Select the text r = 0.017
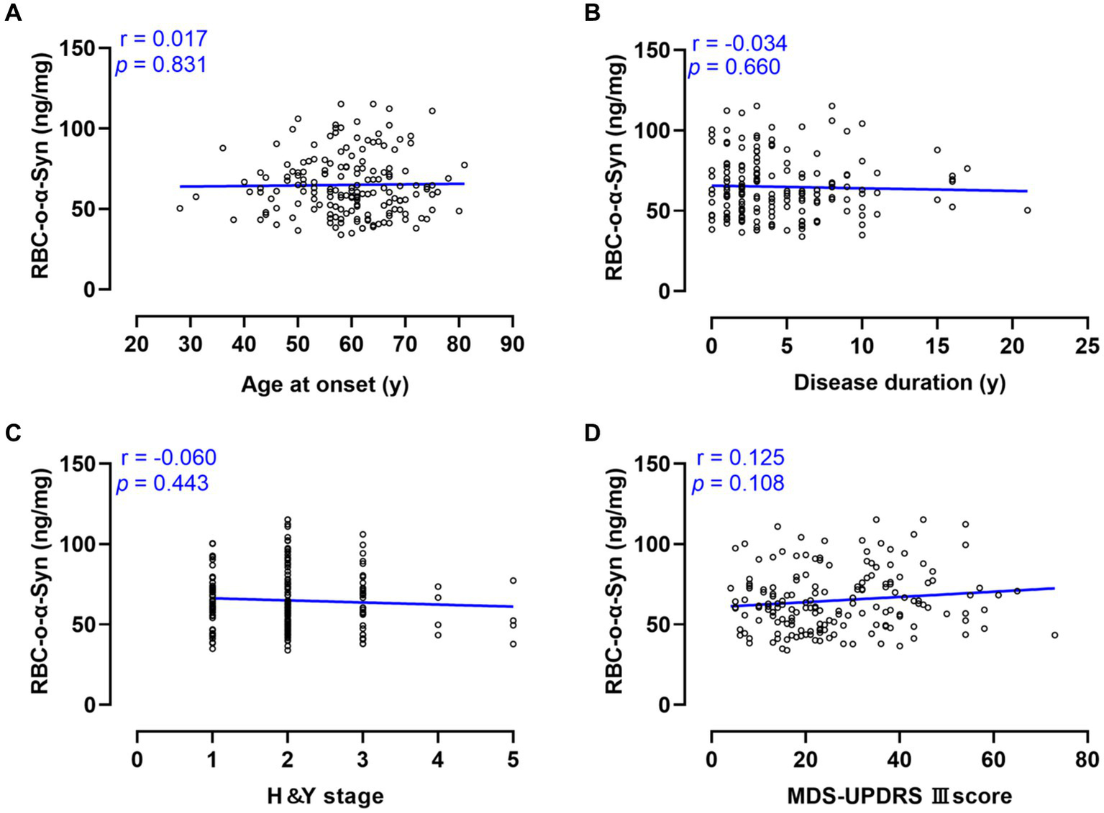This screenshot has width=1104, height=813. point(163,39)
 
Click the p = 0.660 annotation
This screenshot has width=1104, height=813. point(734,68)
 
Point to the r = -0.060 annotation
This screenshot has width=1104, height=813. point(168,458)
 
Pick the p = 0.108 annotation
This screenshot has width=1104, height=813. point(738,483)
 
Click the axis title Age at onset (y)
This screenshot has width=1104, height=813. point(324,385)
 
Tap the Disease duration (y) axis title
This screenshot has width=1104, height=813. point(899,382)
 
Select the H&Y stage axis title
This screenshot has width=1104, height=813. point(325,796)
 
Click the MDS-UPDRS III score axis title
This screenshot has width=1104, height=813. point(899,796)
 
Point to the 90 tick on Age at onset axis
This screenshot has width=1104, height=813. point(512,345)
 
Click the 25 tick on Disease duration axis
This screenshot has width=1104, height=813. point(1087,346)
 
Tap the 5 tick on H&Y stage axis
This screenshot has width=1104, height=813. point(513,760)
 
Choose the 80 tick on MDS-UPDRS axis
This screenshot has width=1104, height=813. point(1087,760)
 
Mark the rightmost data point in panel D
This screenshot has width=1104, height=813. point(1054,635)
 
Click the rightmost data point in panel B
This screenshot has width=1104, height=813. point(1027,210)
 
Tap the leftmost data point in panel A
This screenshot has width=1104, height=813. point(180,208)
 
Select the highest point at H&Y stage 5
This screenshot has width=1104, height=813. point(513,581)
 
